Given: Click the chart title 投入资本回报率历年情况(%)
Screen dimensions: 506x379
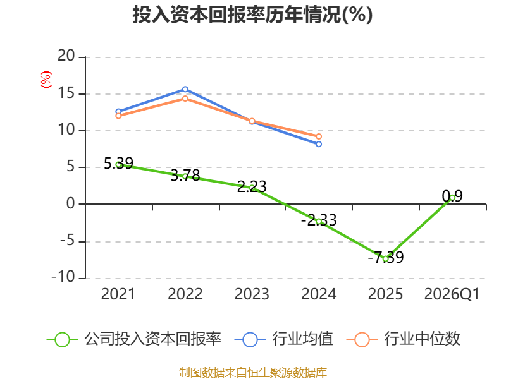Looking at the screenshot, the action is click(x=252, y=15).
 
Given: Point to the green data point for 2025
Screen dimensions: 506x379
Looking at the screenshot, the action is click(x=385, y=258).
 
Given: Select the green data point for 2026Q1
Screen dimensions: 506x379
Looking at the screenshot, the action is click(x=452, y=198).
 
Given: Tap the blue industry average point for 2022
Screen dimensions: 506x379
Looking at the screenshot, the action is click(x=185, y=89).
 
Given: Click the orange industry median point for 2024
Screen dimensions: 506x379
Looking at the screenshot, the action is click(x=319, y=136).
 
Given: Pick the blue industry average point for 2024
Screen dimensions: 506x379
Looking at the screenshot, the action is click(x=319, y=144).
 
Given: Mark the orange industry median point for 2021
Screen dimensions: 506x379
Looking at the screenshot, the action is click(x=118, y=116).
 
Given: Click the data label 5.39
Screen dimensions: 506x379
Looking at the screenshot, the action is click(x=118, y=163).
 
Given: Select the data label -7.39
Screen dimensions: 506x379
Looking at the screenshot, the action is click(x=386, y=257).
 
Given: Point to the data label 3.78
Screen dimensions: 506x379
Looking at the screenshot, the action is click(x=185, y=176).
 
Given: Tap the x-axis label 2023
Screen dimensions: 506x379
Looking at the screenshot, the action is click(x=252, y=294).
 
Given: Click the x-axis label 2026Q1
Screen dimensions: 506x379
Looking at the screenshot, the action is click(x=452, y=294).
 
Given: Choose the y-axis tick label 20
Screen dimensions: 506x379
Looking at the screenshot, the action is click(x=66, y=56).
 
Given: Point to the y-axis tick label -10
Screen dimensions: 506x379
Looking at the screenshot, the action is click(x=63, y=277).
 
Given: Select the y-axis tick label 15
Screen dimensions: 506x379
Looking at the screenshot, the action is click(x=66, y=93).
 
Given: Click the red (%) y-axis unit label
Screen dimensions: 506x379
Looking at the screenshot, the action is click(x=46, y=80).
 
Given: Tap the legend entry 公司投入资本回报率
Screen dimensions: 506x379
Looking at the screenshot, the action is click(x=134, y=339).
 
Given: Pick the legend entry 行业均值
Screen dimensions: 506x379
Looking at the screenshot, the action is click(x=283, y=339).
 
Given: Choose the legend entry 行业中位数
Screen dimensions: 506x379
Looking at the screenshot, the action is click(x=404, y=339).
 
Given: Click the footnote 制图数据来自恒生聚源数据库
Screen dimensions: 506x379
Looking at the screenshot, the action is click(x=252, y=373).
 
